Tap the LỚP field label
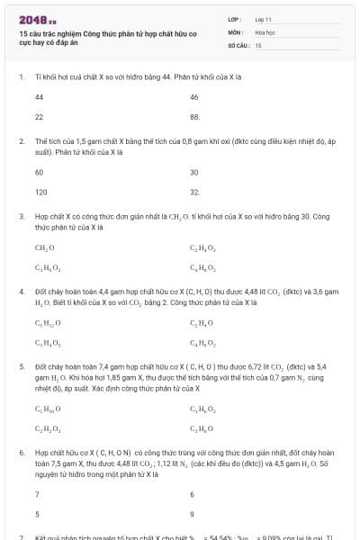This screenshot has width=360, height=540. tap(236, 18)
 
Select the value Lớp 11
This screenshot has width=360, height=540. tap(264, 18)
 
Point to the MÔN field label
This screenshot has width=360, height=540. tap(237, 31)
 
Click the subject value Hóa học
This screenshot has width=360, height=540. tap(265, 31)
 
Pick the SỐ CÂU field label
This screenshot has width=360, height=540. tap(239, 44)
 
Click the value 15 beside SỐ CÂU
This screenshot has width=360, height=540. tap(258, 44)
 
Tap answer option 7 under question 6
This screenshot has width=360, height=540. tap(37, 494)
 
